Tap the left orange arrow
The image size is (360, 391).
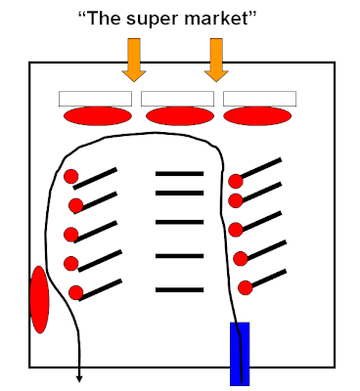(134, 60)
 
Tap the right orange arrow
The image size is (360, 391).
(216, 60)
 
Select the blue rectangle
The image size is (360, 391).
(240, 354)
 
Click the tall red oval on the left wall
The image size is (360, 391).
(39, 300)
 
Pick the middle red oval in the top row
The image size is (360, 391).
(180, 116)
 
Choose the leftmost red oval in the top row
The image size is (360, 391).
(98, 116)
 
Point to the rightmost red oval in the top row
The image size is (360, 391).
(257, 116)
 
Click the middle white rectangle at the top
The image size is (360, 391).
(177, 99)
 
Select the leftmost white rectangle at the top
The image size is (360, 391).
(95, 99)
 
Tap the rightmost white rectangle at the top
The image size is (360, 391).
(259, 99)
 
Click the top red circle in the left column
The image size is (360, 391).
(71, 177)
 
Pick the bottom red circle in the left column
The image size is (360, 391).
(76, 292)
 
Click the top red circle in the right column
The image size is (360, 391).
(236, 181)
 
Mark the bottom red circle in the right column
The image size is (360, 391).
(246, 287)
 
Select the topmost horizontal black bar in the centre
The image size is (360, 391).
(180, 174)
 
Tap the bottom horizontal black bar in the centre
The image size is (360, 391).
(180, 289)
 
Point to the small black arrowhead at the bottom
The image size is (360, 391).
(79, 379)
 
